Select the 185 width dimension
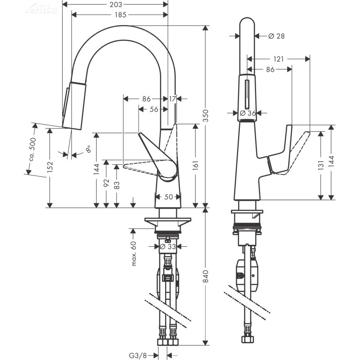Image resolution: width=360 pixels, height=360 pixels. click(x=119, y=15)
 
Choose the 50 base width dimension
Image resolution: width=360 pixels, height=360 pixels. click(x=168, y=197)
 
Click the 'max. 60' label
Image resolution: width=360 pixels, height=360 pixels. click(x=134, y=253)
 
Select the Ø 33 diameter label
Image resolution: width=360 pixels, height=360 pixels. click(x=168, y=246)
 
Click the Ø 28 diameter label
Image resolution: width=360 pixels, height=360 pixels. click(x=276, y=36)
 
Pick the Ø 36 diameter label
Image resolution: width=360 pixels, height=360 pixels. click(x=248, y=113)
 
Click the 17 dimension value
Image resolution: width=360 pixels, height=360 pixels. click(x=173, y=99)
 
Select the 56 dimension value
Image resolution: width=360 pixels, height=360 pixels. click(x=153, y=109)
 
